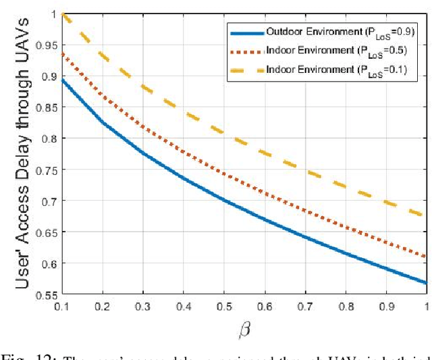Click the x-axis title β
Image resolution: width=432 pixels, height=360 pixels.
244,330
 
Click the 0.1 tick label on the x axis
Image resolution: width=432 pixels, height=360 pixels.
61,307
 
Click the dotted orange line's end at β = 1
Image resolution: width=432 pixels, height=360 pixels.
427,257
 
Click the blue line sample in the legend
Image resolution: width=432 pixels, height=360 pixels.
245,32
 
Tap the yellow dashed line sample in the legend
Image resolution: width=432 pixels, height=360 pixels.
245,68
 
